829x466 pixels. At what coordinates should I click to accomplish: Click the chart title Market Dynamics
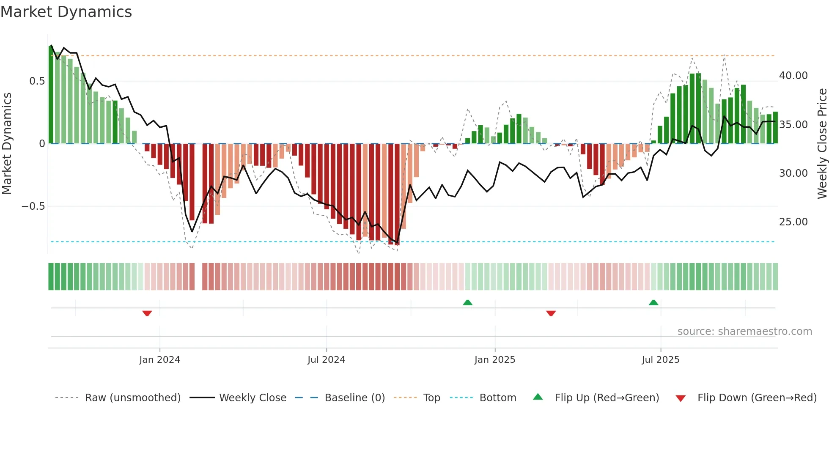66,12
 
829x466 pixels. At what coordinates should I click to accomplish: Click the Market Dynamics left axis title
7,143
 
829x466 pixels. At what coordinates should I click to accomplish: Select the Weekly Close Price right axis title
822,143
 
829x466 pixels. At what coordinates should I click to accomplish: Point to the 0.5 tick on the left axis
37,81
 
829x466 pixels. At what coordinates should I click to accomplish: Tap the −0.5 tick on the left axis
33,206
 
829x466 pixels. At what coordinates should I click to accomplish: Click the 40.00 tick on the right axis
793,76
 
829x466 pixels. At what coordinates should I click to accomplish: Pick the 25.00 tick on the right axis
793,222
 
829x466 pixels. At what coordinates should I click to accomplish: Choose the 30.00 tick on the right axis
793,173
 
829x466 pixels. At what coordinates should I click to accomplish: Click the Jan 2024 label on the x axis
159,360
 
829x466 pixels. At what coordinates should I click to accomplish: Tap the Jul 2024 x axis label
326,360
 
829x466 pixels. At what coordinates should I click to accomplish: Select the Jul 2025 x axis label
660,360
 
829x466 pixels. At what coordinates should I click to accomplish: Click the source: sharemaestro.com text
744,332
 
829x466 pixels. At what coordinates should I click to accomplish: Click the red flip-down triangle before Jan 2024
147,313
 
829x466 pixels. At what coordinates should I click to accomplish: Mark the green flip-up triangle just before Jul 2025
653,302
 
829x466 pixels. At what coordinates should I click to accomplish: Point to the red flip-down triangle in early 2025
551,313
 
